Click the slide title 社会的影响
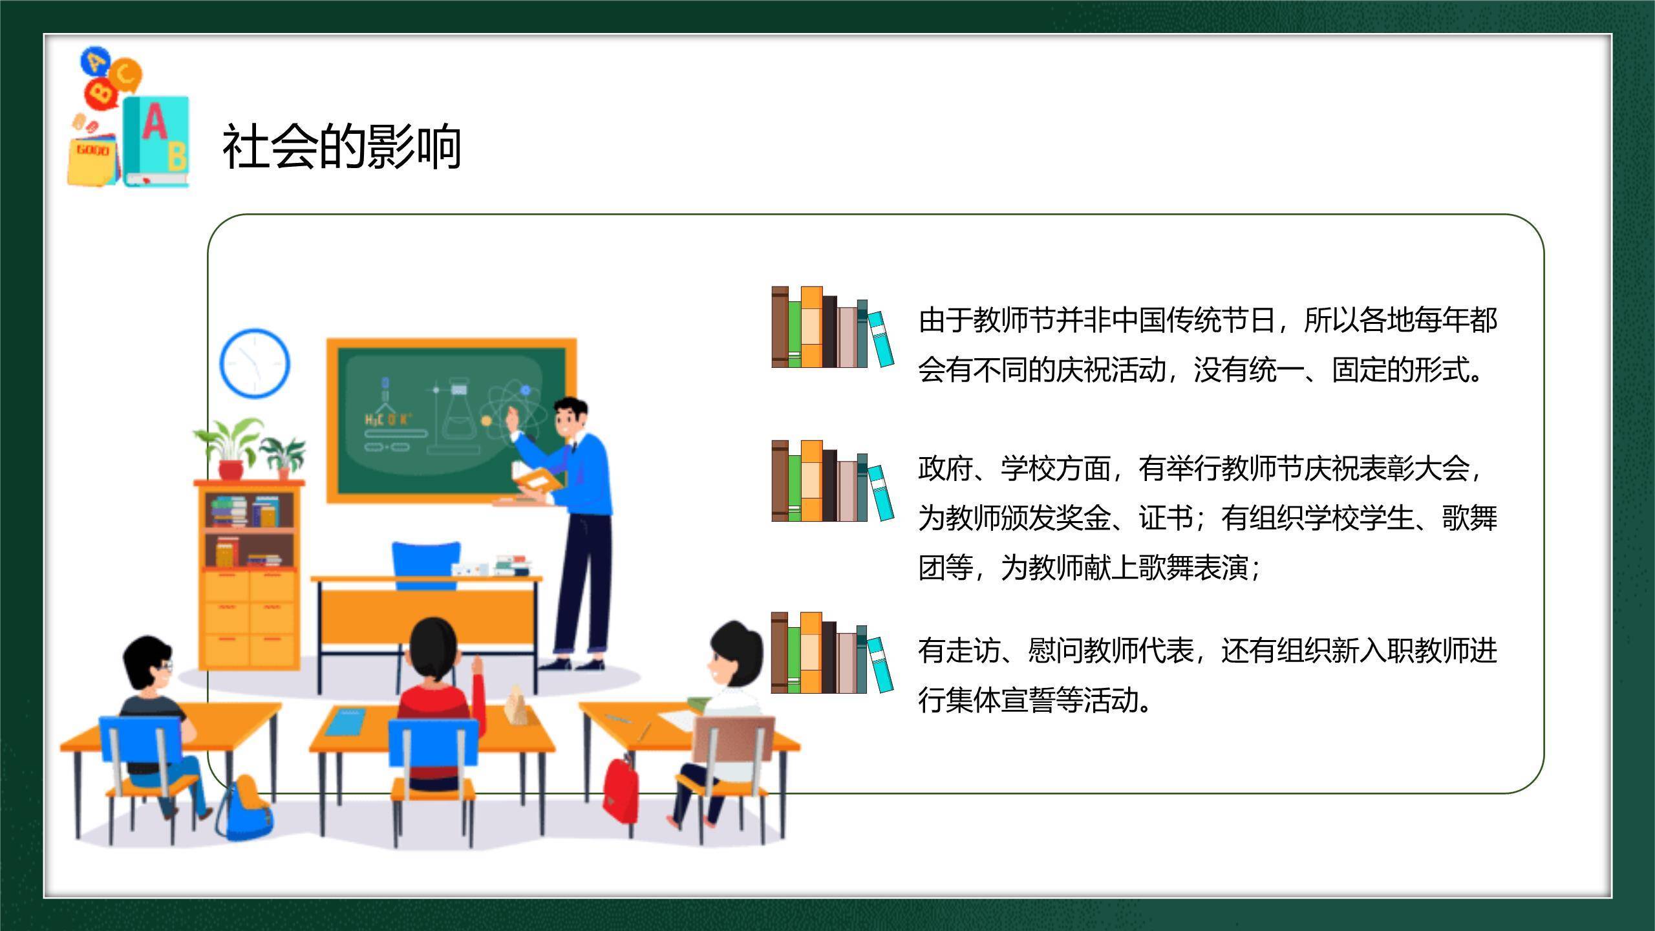click(342, 147)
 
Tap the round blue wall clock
click(255, 363)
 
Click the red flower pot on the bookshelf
click(231, 469)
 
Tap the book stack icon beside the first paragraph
click(833, 327)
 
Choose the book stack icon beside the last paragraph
click(833, 653)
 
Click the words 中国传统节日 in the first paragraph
click(1194, 320)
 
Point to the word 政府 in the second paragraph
click(945, 468)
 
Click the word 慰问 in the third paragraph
click(1054, 650)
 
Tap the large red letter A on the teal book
click(155, 122)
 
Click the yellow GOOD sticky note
click(92, 159)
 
